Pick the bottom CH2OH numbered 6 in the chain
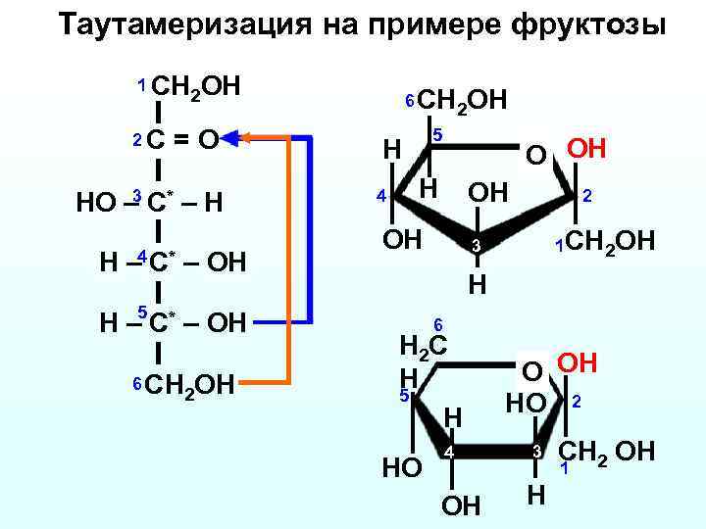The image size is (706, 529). [x=192, y=384]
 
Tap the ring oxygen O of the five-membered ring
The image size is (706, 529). [x=534, y=155]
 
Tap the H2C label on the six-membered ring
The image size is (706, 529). [x=424, y=344]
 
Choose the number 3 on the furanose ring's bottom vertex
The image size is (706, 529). [x=473, y=245]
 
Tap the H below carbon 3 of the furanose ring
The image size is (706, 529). [x=476, y=284]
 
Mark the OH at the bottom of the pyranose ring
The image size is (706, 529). [x=462, y=505]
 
